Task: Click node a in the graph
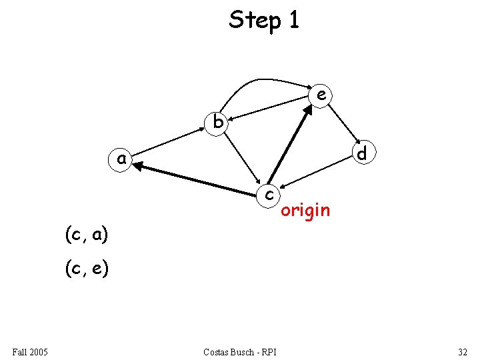[x=121, y=159]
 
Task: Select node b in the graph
[x=217, y=123]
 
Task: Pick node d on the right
[x=361, y=153]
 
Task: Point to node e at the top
[x=321, y=95]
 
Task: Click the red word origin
[x=305, y=211]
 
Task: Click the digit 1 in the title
[x=293, y=20]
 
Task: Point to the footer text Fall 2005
[x=29, y=351]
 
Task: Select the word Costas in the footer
[x=217, y=351]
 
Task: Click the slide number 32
[x=463, y=351]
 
